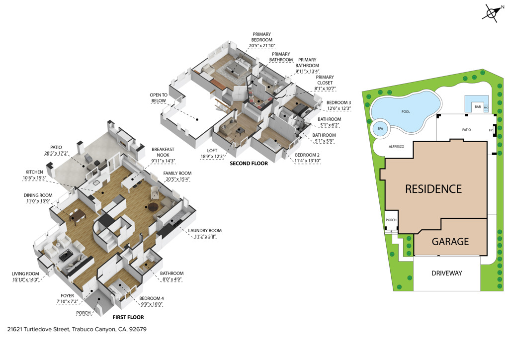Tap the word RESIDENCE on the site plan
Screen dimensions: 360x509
tap(433, 189)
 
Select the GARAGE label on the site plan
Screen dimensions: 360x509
tap(449, 242)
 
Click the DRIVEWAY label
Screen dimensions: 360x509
tap(446, 273)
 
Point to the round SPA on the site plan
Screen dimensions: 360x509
tap(381, 128)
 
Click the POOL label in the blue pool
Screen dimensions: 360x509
tap(406, 111)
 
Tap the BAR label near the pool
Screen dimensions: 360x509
tap(477, 107)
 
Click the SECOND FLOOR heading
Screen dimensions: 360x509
tap(249, 163)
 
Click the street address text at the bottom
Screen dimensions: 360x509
tap(77, 329)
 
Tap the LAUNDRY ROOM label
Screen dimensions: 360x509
tap(204, 231)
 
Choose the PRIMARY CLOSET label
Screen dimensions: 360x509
tap(325, 80)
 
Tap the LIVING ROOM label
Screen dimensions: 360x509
tap(25, 273)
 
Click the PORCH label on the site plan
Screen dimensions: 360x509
tap(391, 220)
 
